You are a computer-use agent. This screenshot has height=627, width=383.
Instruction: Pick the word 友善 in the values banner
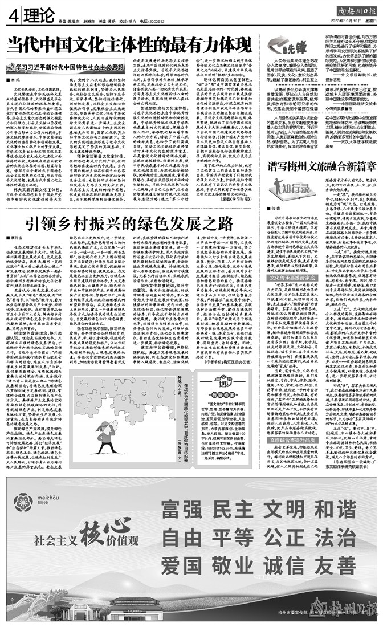click(x=341, y=571)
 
